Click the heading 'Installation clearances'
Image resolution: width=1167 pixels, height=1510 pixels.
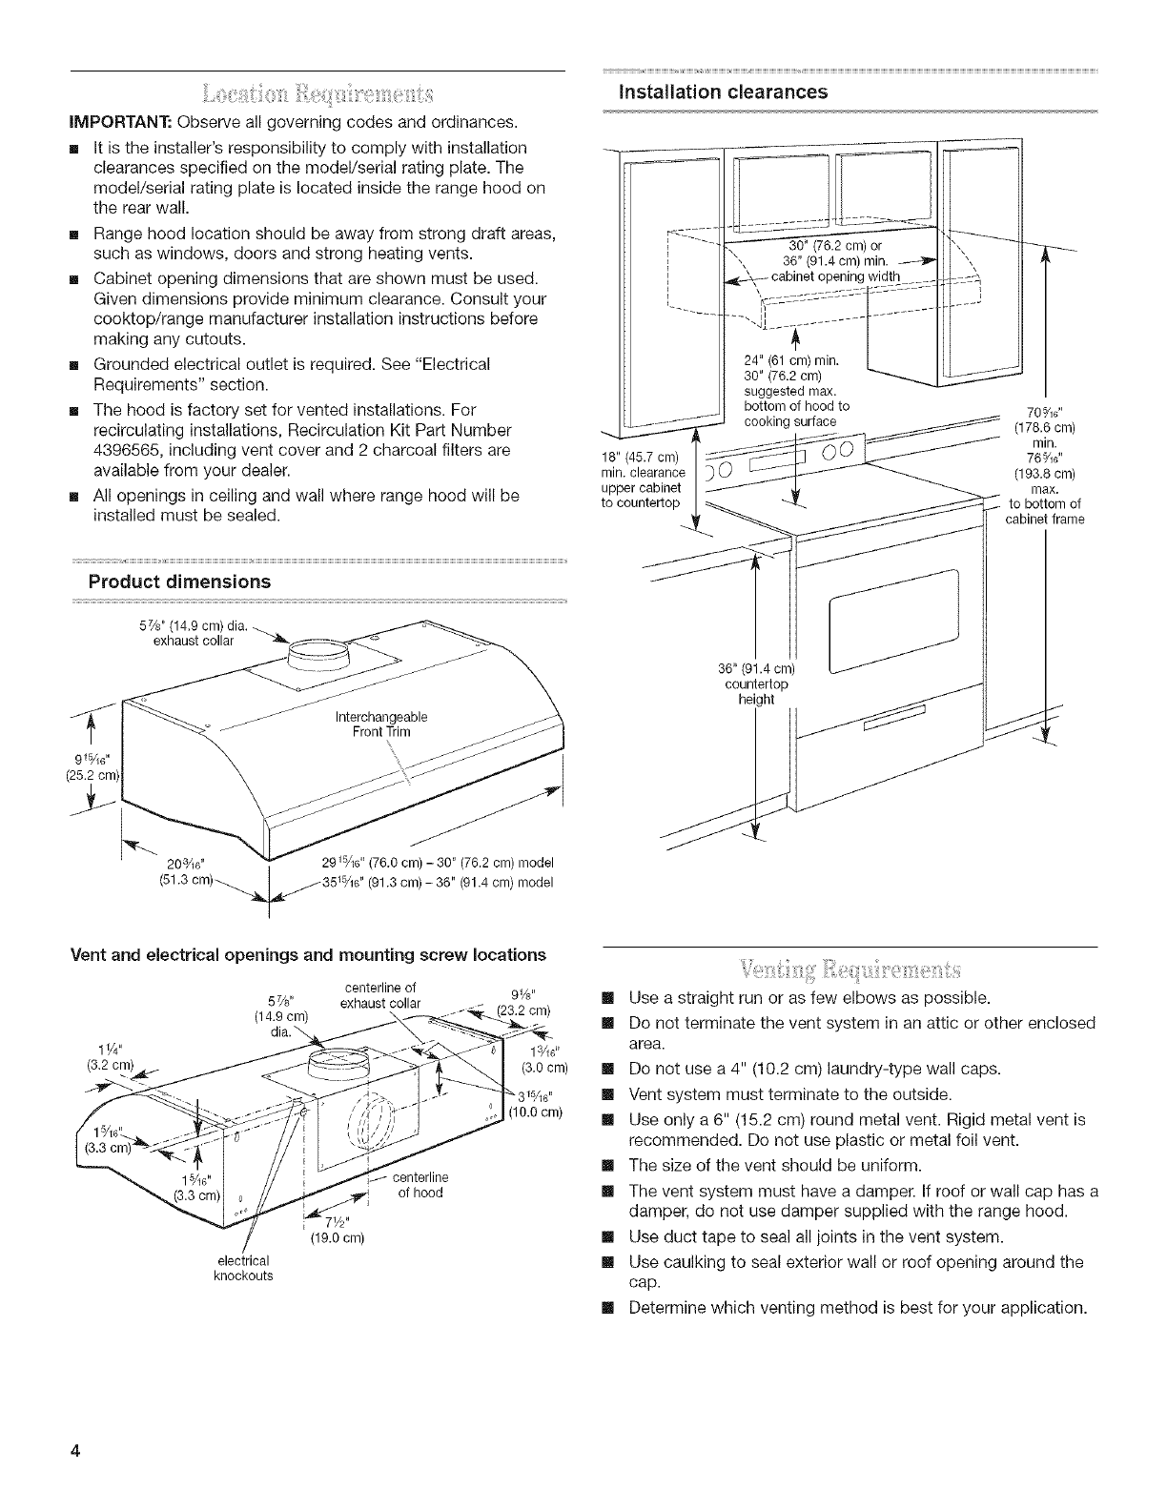(x=710, y=92)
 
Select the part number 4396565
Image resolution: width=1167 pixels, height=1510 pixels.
(x=133, y=449)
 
